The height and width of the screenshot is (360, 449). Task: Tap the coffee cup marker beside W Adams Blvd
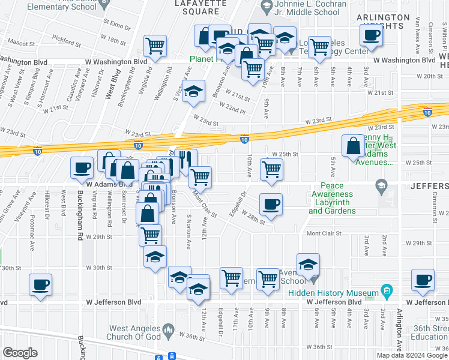pyautogui.click(x=82, y=168)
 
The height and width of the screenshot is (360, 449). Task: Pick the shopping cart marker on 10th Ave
pyautogui.click(x=272, y=170)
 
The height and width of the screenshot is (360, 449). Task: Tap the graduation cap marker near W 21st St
pyautogui.click(x=193, y=92)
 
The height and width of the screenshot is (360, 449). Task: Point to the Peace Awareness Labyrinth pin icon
pyautogui.click(x=379, y=184)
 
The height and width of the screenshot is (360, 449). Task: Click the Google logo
pyautogui.click(x=20, y=352)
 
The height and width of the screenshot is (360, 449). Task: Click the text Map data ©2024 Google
pyautogui.click(x=411, y=355)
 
